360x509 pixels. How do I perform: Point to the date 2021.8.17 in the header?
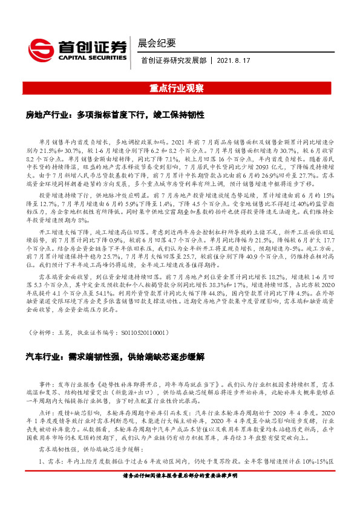[232, 61]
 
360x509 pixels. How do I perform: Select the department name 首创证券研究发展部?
[173, 61]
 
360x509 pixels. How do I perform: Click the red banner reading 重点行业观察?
[180, 88]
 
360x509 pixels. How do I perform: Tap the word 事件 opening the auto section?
[47, 384]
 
